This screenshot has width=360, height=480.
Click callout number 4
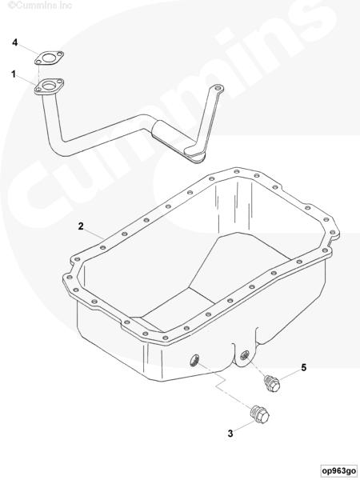tap(14, 42)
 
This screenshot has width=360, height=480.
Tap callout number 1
tap(14, 74)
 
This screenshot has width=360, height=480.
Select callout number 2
tap(81, 226)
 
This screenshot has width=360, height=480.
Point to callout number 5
tap(303, 367)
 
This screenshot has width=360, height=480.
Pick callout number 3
tap(230, 434)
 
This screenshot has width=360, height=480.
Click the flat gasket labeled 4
tap(49, 58)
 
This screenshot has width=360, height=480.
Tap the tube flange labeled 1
tap(49, 86)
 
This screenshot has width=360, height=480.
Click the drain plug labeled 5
tap(272, 383)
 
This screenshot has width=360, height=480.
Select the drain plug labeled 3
tap(260, 414)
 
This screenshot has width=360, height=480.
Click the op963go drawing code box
tap(338, 470)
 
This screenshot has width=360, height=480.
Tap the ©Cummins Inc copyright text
tap(40, 6)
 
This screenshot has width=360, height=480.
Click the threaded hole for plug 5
tap(244, 355)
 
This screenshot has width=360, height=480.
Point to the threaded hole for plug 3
tap(194, 360)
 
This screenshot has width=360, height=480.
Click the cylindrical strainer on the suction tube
tap(167, 135)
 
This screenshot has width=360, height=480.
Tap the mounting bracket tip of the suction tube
tap(218, 89)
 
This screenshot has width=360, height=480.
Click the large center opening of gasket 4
tap(48, 58)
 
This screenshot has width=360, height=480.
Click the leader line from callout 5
tap(290, 376)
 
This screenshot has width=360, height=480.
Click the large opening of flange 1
tap(49, 86)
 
